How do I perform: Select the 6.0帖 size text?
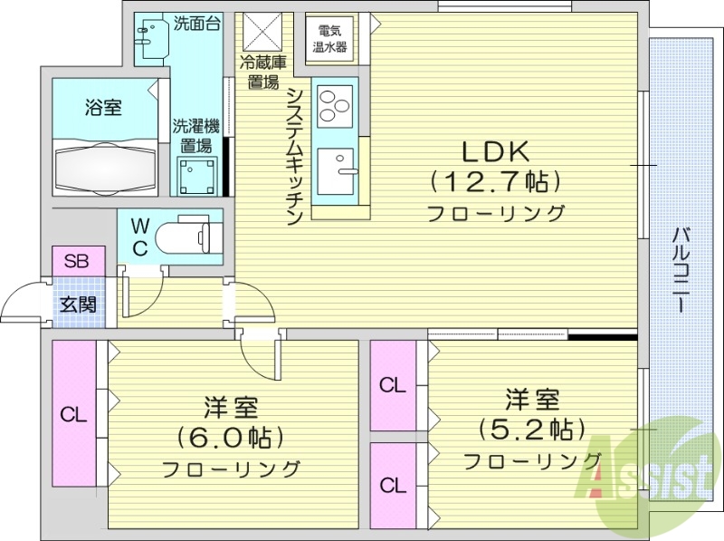(231, 439)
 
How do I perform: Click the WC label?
(140, 236)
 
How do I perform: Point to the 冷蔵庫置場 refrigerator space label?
(263, 72)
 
